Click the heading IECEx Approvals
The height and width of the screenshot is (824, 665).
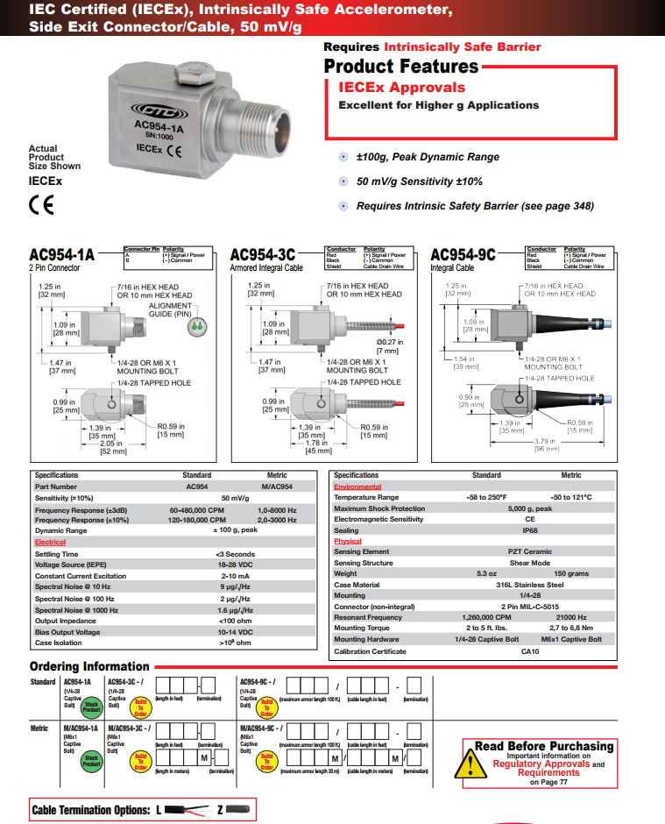click(401, 88)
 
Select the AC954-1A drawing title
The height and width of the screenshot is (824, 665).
click(61, 255)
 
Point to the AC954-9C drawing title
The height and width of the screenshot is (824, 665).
click(463, 255)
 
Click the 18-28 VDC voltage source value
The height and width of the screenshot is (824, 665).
click(235, 565)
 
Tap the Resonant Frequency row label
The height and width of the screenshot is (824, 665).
click(368, 617)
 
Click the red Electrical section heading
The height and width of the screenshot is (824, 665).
click(50, 543)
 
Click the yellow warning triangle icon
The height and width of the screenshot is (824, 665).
click(477, 764)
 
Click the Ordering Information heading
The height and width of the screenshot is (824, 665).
click(89, 666)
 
